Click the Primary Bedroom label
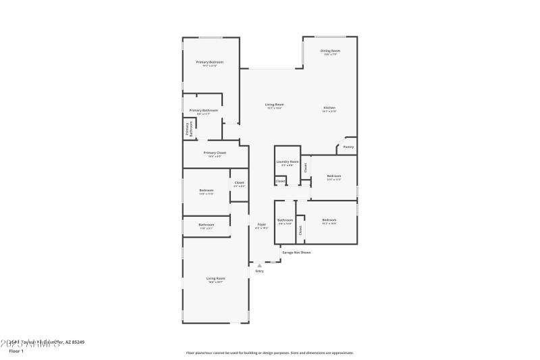pyautogui.click(x=210, y=62)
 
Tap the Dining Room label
pyautogui.click(x=330, y=51)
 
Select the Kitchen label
pyautogui.click(x=329, y=108)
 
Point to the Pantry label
pyautogui.click(x=348, y=147)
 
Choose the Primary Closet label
pyautogui.click(x=215, y=153)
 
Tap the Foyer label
pyautogui.click(x=261, y=224)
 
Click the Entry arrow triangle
pyautogui.click(x=259, y=265)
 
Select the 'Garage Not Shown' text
pyautogui.click(x=296, y=253)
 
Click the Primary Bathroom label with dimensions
pyautogui.click(x=203, y=110)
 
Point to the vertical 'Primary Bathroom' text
pyautogui.click(x=188, y=129)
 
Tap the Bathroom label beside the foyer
pyautogui.click(x=285, y=220)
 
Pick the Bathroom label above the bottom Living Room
pyautogui.click(x=207, y=225)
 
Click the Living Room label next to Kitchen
pyautogui.click(x=274, y=105)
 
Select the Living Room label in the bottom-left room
pyautogui.click(x=216, y=278)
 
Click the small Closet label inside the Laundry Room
pyautogui.click(x=280, y=181)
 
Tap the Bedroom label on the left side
pyautogui.click(x=207, y=190)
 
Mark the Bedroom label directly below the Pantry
pyautogui.click(x=333, y=176)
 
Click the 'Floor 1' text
pyautogui.click(x=16, y=351)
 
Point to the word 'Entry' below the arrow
pyautogui.click(x=259, y=272)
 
